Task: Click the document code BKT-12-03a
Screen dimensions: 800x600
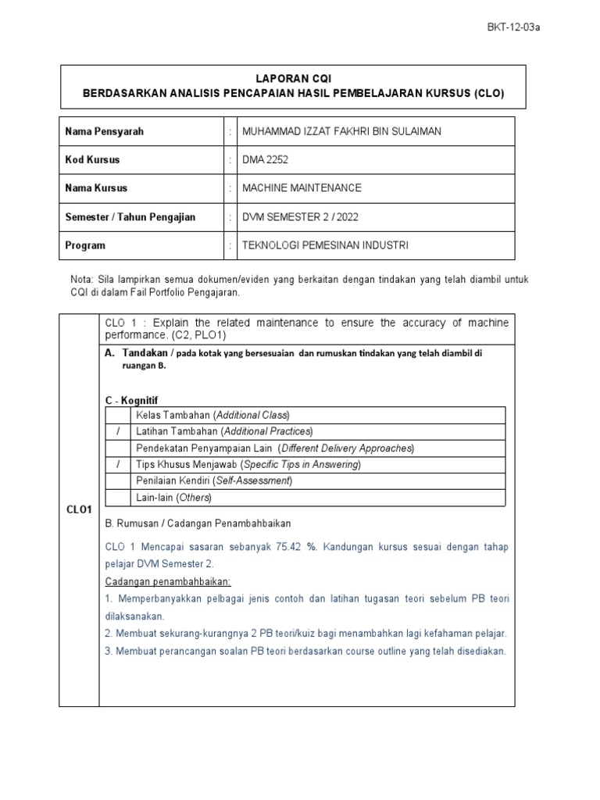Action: click(512, 27)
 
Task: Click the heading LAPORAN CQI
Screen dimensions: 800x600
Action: click(294, 79)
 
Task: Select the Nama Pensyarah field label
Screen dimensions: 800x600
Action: click(104, 131)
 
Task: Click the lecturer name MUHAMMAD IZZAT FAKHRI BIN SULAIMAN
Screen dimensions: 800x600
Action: click(342, 131)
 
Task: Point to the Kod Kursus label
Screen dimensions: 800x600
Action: click(92, 160)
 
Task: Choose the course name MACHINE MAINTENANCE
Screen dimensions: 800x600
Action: click(302, 188)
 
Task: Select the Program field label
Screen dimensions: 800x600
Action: click(84, 245)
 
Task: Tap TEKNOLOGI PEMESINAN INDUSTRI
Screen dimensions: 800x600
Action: click(325, 245)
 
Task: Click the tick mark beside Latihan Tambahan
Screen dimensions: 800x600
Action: click(117, 431)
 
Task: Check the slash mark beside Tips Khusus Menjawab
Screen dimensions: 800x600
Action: click(117, 464)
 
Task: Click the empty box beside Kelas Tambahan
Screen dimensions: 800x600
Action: click(117, 415)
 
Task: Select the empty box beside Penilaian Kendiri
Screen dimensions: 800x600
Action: click(117, 480)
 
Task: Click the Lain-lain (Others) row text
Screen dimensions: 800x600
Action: click(173, 498)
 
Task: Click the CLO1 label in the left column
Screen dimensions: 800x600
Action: click(78, 509)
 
